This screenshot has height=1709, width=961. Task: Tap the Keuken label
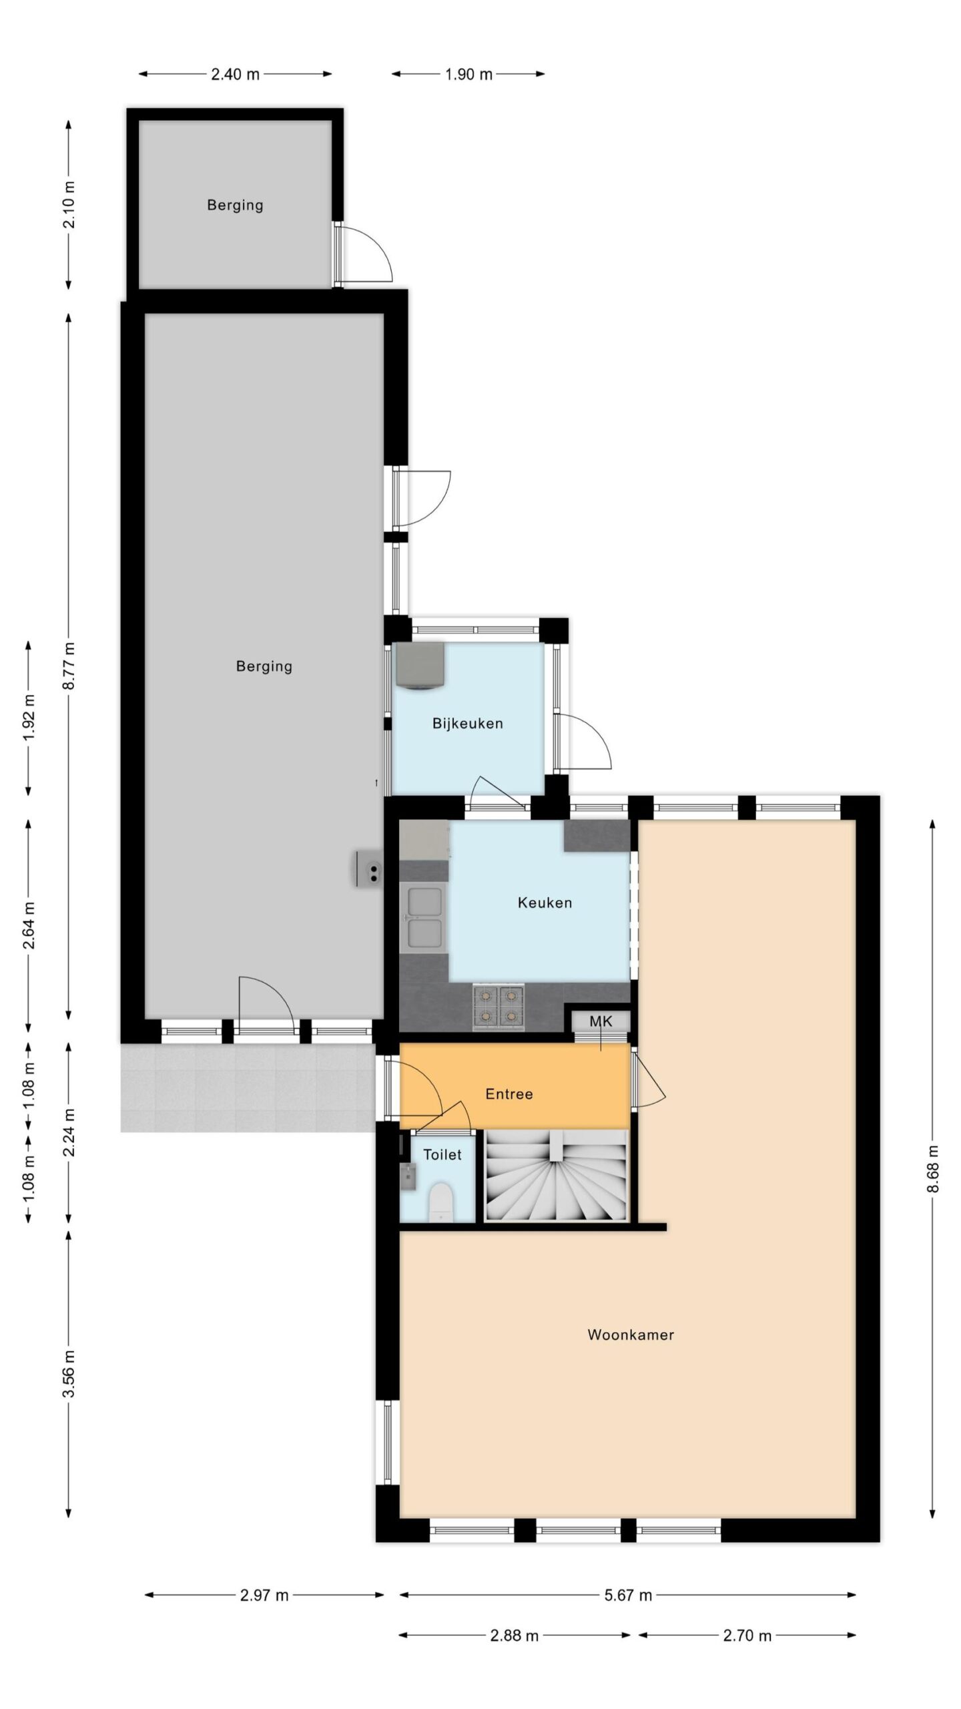click(545, 903)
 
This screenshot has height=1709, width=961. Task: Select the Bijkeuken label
click(467, 723)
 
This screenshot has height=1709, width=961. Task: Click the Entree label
click(509, 1093)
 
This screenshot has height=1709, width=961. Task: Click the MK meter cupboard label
click(601, 1021)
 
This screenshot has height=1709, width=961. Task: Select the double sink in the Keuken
click(423, 916)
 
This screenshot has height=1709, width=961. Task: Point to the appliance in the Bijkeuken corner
click(420, 664)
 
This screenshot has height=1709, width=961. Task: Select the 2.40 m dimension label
click(235, 74)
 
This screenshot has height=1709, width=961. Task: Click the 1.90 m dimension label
click(468, 74)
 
